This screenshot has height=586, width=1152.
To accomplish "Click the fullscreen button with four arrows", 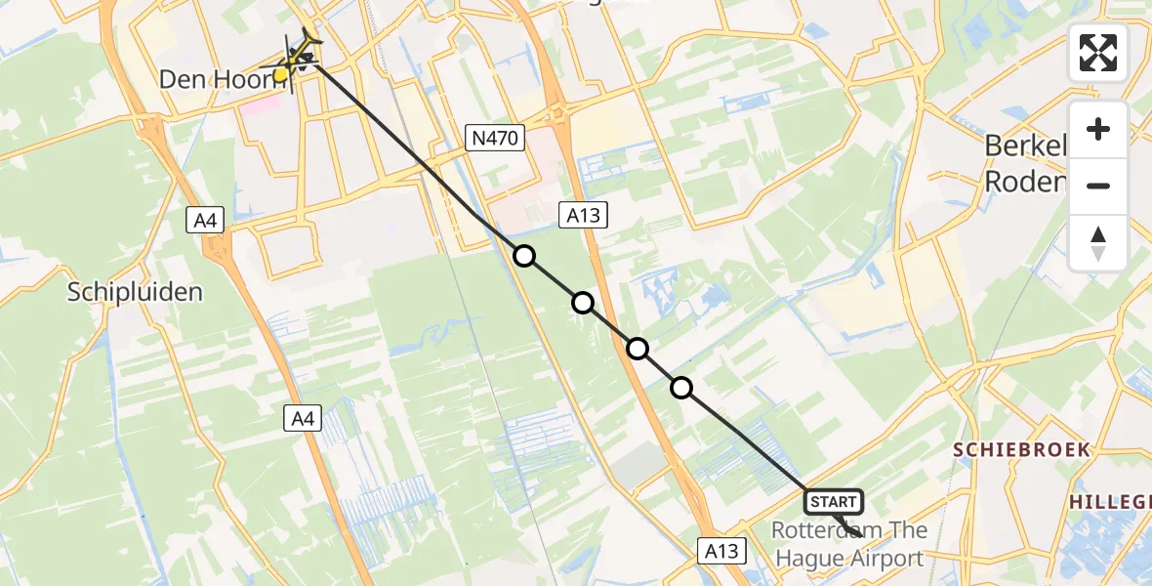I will coord(1098,53).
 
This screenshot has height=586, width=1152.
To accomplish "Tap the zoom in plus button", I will coord(1098,129).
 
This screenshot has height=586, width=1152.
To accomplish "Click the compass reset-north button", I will coord(1098,243).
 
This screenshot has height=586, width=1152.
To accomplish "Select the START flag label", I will coord(833,502).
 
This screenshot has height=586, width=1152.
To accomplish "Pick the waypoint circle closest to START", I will coord(681,388).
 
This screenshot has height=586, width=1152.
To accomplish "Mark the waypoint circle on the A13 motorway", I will coord(638,348).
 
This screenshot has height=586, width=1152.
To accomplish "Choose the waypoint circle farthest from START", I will coord(524,256).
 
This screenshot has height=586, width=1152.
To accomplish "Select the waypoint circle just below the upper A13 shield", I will coord(583,303).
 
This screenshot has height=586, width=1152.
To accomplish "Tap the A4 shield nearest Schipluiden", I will coord(206,222).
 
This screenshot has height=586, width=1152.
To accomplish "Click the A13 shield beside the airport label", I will coord(722,551).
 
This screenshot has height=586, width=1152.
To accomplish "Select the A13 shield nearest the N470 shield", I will coord(583,215).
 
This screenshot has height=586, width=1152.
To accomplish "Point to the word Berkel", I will coord(1025,146).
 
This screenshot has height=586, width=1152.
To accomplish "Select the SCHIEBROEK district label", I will coord(1021,449).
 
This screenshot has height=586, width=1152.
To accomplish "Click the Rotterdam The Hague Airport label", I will coord(847,545).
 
